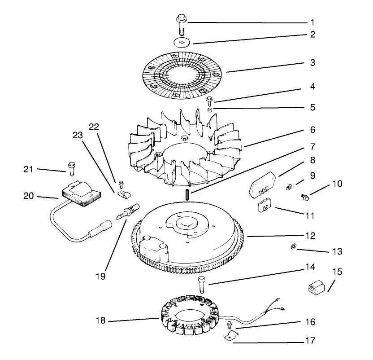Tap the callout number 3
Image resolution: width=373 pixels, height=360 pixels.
point(312,63)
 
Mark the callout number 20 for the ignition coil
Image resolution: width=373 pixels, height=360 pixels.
point(29,196)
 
